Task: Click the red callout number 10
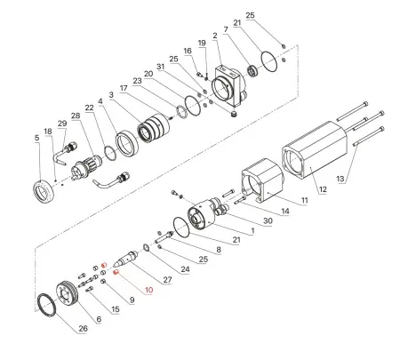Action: (148, 290)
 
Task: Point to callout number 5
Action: (36, 139)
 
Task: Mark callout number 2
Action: (215, 35)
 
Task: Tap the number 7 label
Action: (227, 30)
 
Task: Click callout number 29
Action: (61, 124)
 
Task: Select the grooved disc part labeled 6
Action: (68, 294)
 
